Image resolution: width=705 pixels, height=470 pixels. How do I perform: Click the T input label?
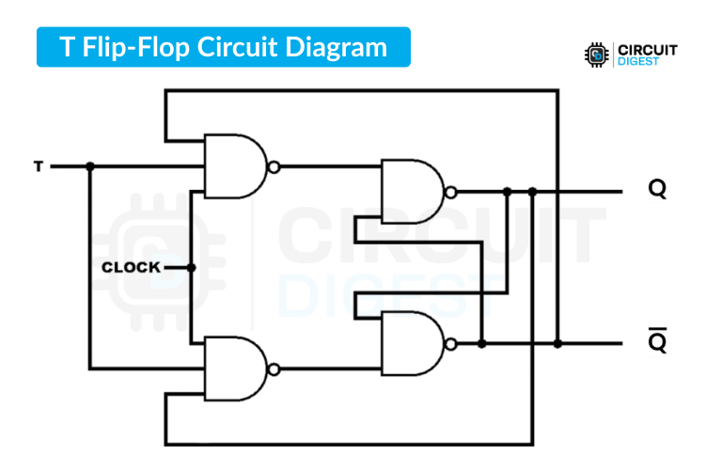(39, 167)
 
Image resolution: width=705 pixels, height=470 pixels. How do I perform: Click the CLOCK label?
(131, 268)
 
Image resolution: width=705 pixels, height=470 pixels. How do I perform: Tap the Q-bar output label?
(657, 343)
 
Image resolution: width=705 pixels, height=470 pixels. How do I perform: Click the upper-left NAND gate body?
(232, 166)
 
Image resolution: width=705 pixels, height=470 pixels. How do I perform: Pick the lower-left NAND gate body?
(232, 368)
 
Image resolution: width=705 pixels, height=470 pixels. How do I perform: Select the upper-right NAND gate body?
(410, 191)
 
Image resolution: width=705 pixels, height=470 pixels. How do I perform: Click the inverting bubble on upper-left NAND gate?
(273, 167)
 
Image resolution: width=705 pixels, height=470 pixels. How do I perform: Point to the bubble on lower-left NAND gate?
(273, 368)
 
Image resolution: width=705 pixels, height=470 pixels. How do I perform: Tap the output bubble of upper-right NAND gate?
(451, 192)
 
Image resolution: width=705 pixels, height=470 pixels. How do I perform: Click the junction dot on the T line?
(90, 167)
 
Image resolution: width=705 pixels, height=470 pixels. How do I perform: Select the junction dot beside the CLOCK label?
(191, 268)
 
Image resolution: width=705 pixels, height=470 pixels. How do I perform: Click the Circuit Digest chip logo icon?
(595, 54)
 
